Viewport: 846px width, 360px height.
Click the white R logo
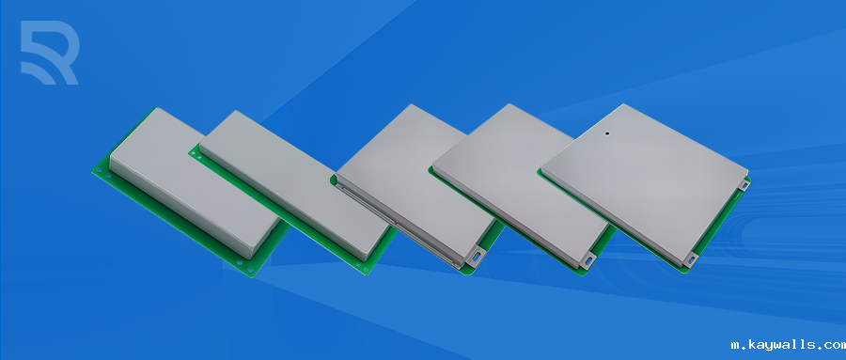click(x=50, y=53)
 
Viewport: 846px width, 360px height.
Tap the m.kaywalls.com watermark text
click(x=788, y=345)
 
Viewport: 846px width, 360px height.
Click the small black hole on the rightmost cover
click(x=607, y=133)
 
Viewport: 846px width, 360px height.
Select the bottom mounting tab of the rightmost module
click(x=691, y=258)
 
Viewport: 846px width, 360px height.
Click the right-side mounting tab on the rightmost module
click(x=744, y=184)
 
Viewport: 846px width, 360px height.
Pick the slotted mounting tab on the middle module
click(x=476, y=256)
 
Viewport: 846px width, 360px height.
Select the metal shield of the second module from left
click(x=294, y=184)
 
